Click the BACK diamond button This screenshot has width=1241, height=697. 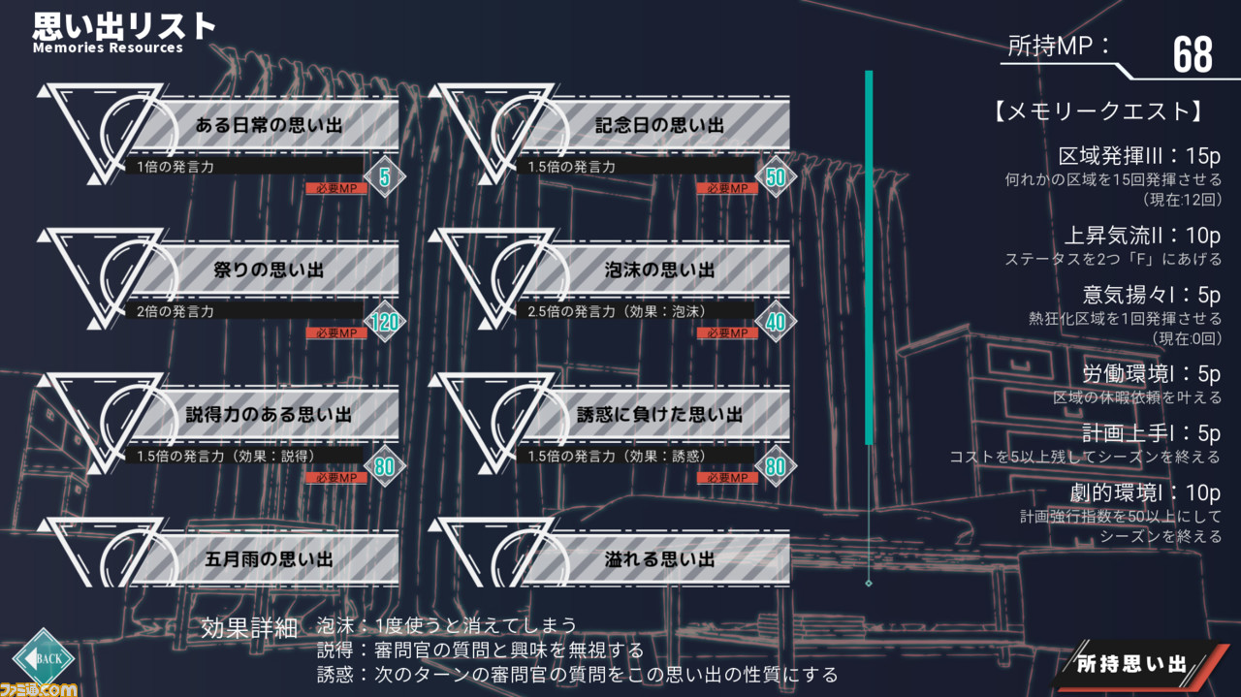pyautogui.click(x=45, y=658)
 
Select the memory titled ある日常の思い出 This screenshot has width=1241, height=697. pyautogui.click(x=269, y=125)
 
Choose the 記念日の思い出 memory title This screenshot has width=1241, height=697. pyautogui.click(x=659, y=125)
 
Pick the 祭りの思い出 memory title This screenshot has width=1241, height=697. pyautogui.click(x=269, y=269)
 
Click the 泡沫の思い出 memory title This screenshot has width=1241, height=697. pyautogui.click(x=659, y=269)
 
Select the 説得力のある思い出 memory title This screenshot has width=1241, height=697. pyautogui.click(x=269, y=415)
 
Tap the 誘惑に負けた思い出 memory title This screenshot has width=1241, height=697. pyautogui.click(x=659, y=415)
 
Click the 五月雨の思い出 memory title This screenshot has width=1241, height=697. pyautogui.click(x=269, y=559)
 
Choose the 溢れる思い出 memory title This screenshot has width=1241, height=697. pyautogui.click(x=659, y=559)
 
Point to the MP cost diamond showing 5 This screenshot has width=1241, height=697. pyautogui.click(x=385, y=177)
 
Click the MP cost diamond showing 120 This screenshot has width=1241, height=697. pyautogui.click(x=385, y=322)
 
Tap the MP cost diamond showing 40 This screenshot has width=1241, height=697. pyautogui.click(x=776, y=322)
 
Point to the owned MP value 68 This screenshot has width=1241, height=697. pyautogui.click(x=1193, y=55)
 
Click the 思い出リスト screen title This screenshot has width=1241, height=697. pyautogui.click(x=123, y=26)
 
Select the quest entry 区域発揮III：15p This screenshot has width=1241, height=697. pyautogui.click(x=1139, y=156)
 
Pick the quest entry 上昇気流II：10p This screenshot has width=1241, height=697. pyautogui.click(x=1142, y=236)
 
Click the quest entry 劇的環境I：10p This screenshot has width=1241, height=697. pyautogui.click(x=1145, y=492)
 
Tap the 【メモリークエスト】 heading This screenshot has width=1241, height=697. pyautogui.click(x=1099, y=111)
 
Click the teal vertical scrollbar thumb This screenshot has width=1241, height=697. pyautogui.click(x=869, y=258)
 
